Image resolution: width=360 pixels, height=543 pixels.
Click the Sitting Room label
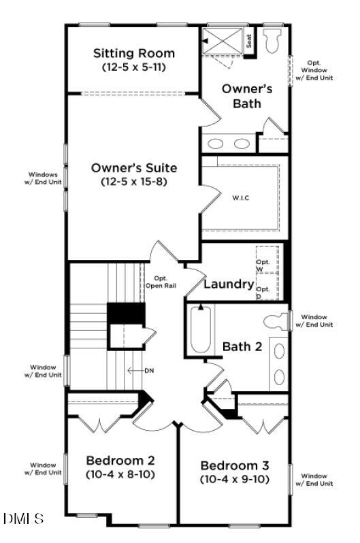click(x=133, y=53)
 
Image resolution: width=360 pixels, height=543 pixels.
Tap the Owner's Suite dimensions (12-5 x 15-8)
click(x=133, y=182)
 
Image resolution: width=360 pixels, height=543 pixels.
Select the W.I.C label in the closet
click(x=241, y=198)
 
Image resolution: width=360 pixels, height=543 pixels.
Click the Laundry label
click(x=229, y=284)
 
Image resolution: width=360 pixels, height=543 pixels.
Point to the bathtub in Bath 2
click(x=201, y=330)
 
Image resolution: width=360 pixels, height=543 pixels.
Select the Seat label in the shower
click(x=249, y=41)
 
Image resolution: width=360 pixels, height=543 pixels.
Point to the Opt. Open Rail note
click(x=161, y=282)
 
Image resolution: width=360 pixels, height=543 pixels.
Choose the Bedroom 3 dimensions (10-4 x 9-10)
click(x=235, y=479)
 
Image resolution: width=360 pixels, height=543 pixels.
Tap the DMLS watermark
click(x=23, y=519)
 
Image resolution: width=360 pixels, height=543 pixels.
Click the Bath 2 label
click(x=242, y=346)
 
